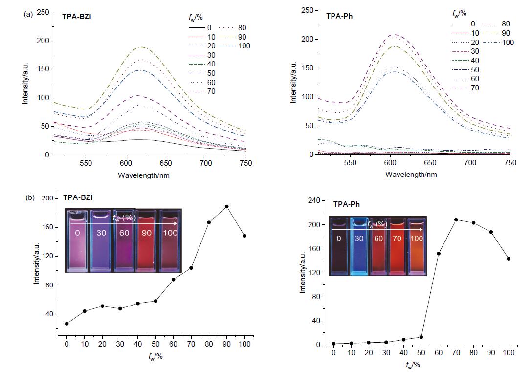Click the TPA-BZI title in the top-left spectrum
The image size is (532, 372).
click(x=77, y=16)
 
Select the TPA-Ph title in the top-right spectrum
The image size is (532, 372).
click(x=339, y=16)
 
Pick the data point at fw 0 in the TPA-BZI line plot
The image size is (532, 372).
click(x=66, y=323)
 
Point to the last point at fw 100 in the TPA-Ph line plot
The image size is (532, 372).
click(x=509, y=259)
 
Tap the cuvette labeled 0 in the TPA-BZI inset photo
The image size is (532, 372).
click(x=77, y=241)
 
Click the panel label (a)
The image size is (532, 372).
click(x=28, y=14)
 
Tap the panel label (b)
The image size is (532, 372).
click(x=30, y=198)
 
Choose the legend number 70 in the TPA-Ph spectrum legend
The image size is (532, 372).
click(x=475, y=88)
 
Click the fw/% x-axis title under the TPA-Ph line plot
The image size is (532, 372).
click(x=412, y=365)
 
